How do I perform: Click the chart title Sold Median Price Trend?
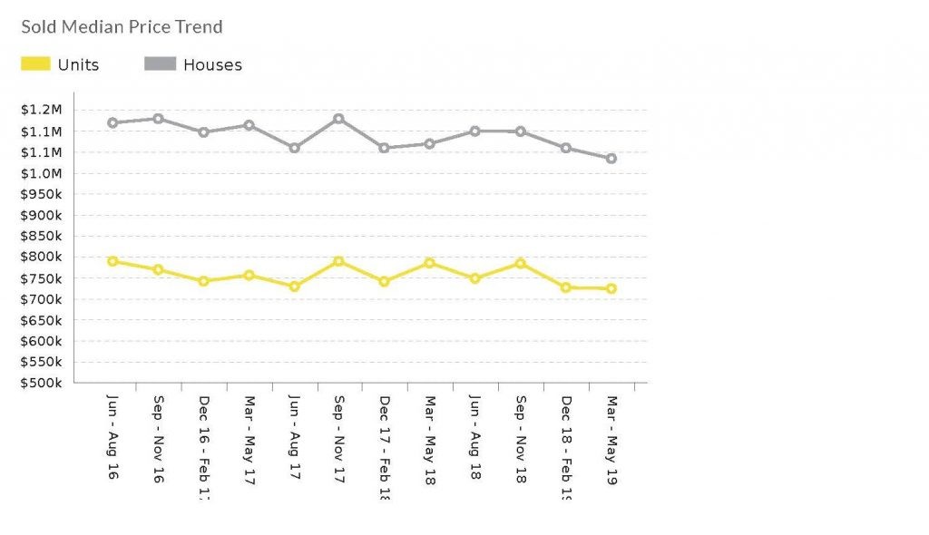(122, 26)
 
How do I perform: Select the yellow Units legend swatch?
(35, 64)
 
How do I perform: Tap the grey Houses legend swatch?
(160, 64)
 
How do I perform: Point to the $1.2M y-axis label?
(43, 110)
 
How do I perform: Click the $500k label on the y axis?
(43, 383)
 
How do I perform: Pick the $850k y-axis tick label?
(43, 236)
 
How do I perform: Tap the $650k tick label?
(43, 320)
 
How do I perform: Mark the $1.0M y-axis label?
(43, 173)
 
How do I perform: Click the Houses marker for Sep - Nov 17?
(338, 119)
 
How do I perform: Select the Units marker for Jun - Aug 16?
(112, 261)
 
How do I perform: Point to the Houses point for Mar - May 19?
(611, 159)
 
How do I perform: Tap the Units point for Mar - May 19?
(611, 289)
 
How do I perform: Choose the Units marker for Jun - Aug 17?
(294, 287)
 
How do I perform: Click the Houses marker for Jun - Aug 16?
(112, 122)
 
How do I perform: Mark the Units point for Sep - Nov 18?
(521, 263)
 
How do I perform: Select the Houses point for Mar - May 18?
(430, 143)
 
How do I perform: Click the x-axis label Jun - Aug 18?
(475, 440)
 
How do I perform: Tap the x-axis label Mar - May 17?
(249, 440)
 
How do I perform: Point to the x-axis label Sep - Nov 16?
(158, 440)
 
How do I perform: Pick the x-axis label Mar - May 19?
(611, 440)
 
